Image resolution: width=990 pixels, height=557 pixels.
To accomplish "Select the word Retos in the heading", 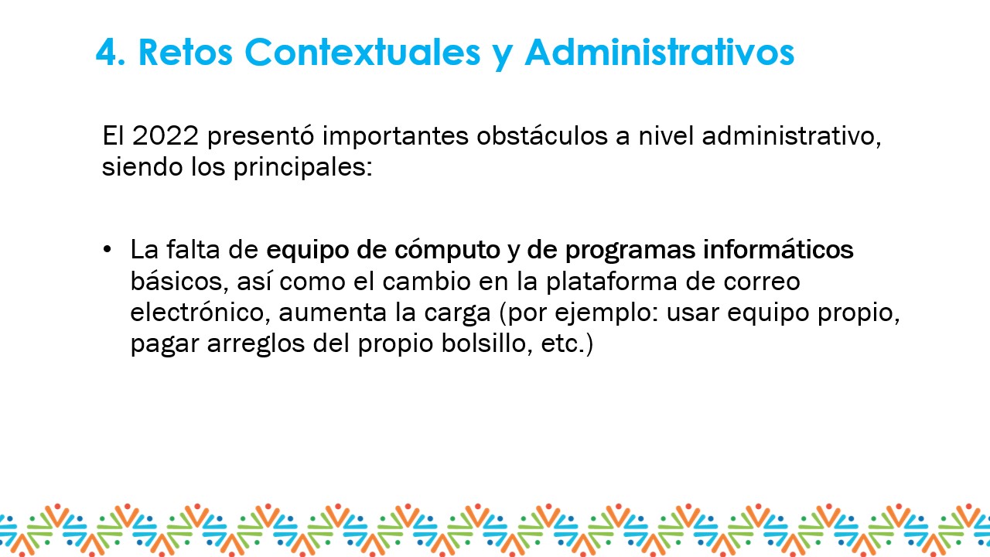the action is (185, 52).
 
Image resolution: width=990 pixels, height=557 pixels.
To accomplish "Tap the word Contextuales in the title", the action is (363, 52).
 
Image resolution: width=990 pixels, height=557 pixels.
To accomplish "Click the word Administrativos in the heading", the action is (660, 52).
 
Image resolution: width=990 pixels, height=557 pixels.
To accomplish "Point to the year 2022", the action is (166, 135).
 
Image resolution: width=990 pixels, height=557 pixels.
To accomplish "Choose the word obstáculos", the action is (542, 135).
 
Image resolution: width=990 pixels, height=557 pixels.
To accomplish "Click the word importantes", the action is (395, 136).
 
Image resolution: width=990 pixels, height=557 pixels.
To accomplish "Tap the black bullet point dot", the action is (107, 249).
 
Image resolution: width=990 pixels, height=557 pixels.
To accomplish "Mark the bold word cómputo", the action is (447, 250).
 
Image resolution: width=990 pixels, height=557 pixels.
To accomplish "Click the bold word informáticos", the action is (778, 249).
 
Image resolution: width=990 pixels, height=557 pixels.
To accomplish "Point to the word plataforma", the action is (612, 281).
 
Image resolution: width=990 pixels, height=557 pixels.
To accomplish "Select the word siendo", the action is (142, 166).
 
